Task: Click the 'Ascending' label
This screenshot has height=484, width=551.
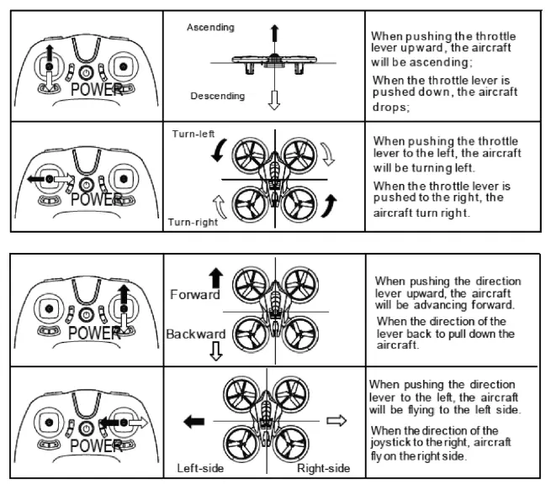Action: (210, 28)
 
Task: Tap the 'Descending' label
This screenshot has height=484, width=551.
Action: (217, 96)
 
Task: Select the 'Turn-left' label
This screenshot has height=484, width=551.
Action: (193, 134)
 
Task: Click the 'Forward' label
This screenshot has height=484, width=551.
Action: (195, 294)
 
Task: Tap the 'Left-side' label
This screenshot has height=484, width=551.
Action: (200, 468)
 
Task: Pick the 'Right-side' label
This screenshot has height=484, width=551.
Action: (323, 468)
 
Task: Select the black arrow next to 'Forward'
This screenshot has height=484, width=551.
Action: (215, 278)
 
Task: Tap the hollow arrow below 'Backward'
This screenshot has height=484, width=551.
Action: (215, 351)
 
